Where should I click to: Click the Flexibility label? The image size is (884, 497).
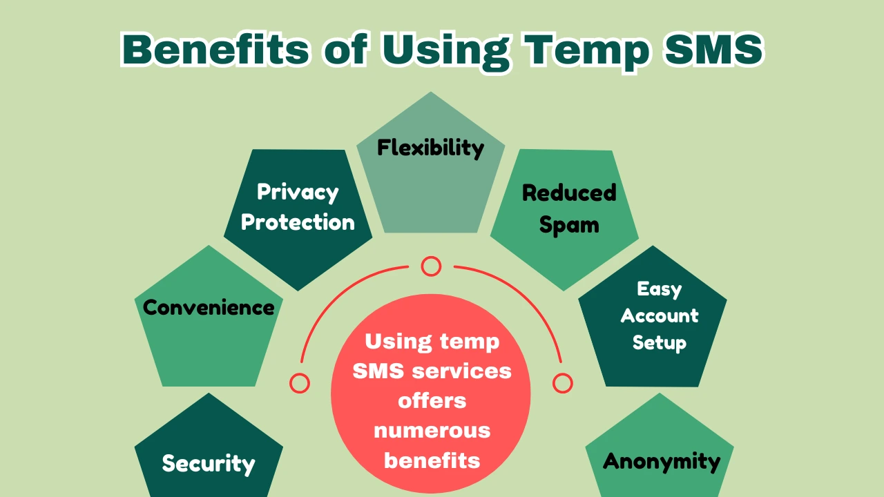point(430,148)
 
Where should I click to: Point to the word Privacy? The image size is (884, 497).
point(298,192)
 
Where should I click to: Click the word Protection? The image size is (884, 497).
point(298,222)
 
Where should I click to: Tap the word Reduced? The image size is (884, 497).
point(569,193)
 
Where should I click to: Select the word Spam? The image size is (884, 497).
point(569,225)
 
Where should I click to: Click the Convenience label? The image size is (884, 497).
point(209,307)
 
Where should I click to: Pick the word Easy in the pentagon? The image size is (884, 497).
point(659,289)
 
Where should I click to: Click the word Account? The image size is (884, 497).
point(659,315)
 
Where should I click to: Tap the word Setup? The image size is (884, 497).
point(659,342)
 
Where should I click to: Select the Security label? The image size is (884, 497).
point(209,463)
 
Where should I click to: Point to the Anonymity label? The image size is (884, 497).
point(662,461)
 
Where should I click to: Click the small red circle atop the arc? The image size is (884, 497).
point(431,266)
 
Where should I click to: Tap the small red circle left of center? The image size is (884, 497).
point(300,383)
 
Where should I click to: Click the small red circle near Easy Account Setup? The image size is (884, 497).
point(563,383)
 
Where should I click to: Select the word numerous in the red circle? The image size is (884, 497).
point(432,431)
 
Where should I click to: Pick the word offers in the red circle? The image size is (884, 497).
point(432,400)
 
